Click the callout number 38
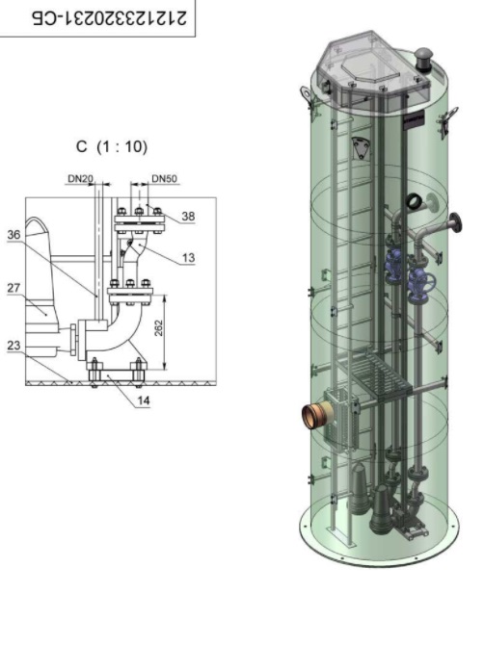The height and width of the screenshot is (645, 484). coord(188,217)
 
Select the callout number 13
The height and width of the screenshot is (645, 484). coord(188,258)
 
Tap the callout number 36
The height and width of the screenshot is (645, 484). coord(13,235)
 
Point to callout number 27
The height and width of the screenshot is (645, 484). coord(13,288)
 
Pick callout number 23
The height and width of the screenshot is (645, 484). coord(13,346)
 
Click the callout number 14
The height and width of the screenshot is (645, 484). coord(143,400)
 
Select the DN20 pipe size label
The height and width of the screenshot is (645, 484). coord(80,179)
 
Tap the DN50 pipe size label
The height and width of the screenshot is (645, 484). coord(164,179)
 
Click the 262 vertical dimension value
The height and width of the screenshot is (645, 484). coord(158,328)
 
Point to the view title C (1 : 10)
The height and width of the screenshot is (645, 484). coord(112,146)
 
